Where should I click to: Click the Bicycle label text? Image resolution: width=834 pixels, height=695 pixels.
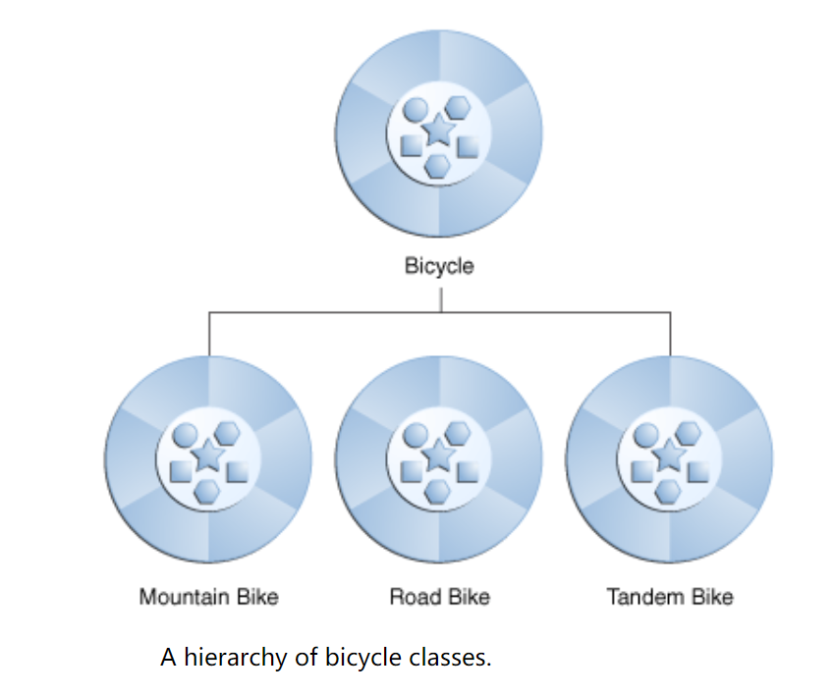coord(439,266)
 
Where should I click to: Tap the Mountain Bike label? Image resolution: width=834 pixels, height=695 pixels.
coord(208,597)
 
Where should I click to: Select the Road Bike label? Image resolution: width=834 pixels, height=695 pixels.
coord(439,597)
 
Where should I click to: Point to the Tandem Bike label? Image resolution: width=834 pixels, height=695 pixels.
coord(669,597)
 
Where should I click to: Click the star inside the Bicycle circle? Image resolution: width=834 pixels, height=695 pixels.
coord(439,129)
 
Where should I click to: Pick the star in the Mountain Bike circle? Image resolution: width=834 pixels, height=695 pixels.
coord(208,455)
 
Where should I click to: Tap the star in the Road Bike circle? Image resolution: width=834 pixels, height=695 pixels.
coord(439,455)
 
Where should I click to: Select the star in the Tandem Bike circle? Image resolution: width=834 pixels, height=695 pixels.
coord(669,455)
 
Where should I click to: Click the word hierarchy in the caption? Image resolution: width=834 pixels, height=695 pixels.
coord(235,658)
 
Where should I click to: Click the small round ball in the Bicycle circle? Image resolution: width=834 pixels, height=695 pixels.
coord(417,110)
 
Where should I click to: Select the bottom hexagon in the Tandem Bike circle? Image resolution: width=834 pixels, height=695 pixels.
coord(668,491)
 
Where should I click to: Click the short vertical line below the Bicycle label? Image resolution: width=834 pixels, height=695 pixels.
coord(440,297)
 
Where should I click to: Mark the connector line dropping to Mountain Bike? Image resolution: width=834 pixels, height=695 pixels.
coord(209,334)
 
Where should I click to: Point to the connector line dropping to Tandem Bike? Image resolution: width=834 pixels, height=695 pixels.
coord(670,334)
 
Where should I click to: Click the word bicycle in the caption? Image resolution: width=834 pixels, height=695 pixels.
coord(362,658)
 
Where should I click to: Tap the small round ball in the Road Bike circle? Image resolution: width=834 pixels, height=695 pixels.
coord(417,436)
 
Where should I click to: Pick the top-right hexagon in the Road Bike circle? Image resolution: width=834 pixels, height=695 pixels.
coord(458,432)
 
